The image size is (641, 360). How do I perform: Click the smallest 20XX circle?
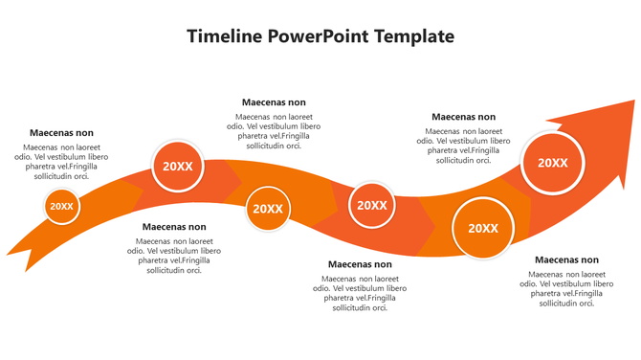(x=61, y=206)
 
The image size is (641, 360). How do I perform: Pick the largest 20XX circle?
(x=553, y=162)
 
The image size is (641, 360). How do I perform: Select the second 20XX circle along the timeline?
(x=178, y=166)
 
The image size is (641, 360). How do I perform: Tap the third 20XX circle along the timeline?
(x=267, y=209)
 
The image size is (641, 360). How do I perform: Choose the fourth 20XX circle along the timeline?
(x=372, y=205)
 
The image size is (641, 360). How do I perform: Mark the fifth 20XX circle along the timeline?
(x=483, y=228)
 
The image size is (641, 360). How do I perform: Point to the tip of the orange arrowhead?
(x=633, y=100)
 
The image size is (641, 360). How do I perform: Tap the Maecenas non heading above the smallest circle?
(x=61, y=133)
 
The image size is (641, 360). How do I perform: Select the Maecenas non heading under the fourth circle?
(x=360, y=264)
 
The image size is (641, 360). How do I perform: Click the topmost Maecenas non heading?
(x=274, y=102)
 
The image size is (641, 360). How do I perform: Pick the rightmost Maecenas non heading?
(x=566, y=259)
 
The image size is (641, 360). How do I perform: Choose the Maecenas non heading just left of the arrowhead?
(x=463, y=116)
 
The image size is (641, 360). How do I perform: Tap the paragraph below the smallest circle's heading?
(x=61, y=162)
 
